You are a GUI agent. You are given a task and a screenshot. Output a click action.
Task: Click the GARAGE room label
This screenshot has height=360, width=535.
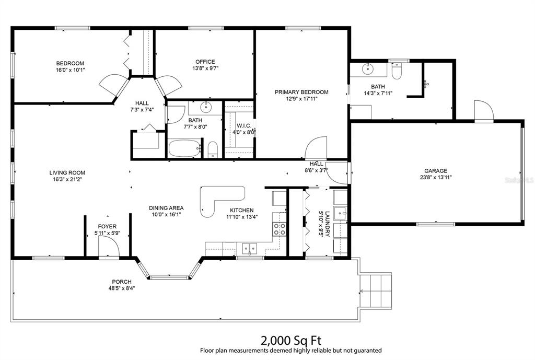tap(436, 171)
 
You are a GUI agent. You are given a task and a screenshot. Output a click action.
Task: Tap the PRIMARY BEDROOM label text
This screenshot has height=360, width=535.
tap(301, 92)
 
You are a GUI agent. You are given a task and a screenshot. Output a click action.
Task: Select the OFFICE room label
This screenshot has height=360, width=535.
tap(205, 62)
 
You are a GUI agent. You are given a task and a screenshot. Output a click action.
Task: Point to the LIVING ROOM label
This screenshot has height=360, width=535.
tap(67, 173)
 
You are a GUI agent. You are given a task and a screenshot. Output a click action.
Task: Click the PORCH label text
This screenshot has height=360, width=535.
tap(122, 282)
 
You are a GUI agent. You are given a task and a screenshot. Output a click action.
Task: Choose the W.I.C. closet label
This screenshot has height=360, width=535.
tap(244, 126)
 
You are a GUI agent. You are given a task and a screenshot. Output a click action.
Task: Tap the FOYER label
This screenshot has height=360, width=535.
tap(107, 227)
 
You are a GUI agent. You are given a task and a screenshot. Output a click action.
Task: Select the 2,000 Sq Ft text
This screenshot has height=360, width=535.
tap(291, 340)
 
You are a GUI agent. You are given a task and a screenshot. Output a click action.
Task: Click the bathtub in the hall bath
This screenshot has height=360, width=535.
tap(184, 148)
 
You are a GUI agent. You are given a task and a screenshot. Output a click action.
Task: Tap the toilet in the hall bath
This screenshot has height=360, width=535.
tap(213, 150)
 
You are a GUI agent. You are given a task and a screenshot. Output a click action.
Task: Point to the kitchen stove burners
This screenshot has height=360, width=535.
tap(280, 229)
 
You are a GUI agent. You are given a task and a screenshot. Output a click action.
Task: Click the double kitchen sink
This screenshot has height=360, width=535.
tap(250, 249)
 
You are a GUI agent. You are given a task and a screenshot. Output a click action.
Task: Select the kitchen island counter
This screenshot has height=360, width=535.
tap(221, 200)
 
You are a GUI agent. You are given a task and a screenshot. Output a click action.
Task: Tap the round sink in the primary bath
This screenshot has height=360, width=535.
tap(368, 69)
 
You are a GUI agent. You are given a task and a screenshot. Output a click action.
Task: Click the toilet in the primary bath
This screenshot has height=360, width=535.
tap(396, 71)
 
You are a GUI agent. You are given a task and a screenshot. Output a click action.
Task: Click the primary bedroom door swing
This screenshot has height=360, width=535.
tap(316, 147)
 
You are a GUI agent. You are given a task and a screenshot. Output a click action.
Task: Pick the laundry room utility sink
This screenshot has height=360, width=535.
tap(340, 214)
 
